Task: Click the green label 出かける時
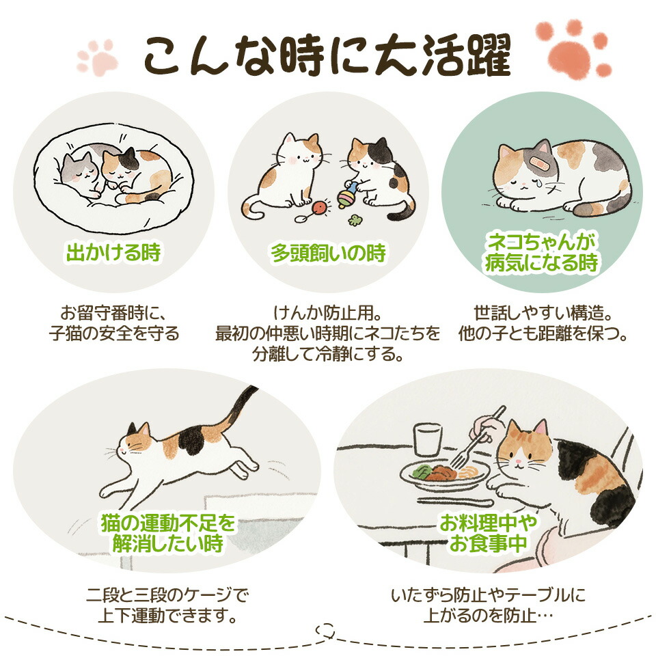[113, 252]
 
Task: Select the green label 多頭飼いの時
[328, 252]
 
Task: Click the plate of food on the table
[445, 475]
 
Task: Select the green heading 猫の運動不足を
[169, 523]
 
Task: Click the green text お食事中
[488, 543]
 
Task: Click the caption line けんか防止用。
[327, 312]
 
